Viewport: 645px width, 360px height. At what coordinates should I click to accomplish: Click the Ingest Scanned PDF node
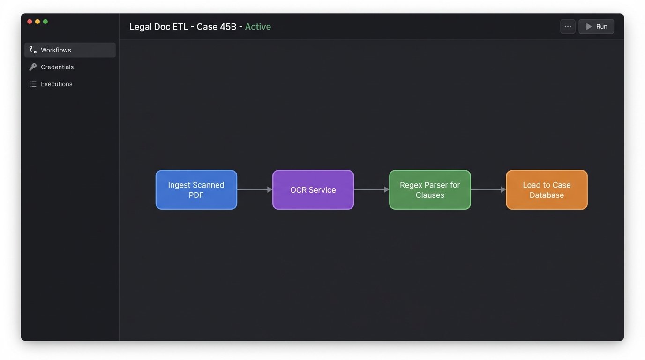pyautogui.click(x=196, y=190)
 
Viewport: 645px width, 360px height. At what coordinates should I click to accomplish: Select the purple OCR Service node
pyautogui.click(x=313, y=190)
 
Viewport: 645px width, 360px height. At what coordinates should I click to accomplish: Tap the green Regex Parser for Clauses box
pyautogui.click(x=429, y=190)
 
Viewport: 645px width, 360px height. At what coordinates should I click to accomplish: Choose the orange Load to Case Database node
pyautogui.click(x=547, y=190)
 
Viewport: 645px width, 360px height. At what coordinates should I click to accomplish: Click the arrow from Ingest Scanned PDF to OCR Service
pyautogui.click(x=255, y=190)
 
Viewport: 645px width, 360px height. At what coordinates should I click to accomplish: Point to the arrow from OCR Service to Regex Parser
pyautogui.click(x=371, y=190)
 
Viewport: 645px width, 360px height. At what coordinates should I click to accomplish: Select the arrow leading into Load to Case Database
pyautogui.click(x=488, y=190)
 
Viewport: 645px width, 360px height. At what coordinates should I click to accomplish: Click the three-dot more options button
pyautogui.click(x=568, y=27)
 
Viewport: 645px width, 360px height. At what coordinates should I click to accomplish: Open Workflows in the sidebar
pyautogui.click(x=56, y=50)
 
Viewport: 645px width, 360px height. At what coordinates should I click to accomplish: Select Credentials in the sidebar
pyautogui.click(x=57, y=67)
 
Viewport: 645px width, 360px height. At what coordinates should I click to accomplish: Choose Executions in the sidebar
pyautogui.click(x=56, y=84)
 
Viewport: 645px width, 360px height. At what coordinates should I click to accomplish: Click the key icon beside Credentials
pyautogui.click(x=33, y=67)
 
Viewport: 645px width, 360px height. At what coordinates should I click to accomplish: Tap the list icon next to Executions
pyautogui.click(x=33, y=84)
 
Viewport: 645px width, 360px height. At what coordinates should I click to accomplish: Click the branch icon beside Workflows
pyautogui.click(x=33, y=50)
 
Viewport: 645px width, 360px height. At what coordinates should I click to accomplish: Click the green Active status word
pyautogui.click(x=258, y=27)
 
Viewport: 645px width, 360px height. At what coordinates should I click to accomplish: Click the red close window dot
pyautogui.click(x=30, y=22)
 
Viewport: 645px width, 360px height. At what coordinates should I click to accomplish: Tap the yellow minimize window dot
pyautogui.click(x=37, y=22)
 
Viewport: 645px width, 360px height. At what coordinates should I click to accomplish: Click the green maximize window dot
pyautogui.click(x=45, y=22)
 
